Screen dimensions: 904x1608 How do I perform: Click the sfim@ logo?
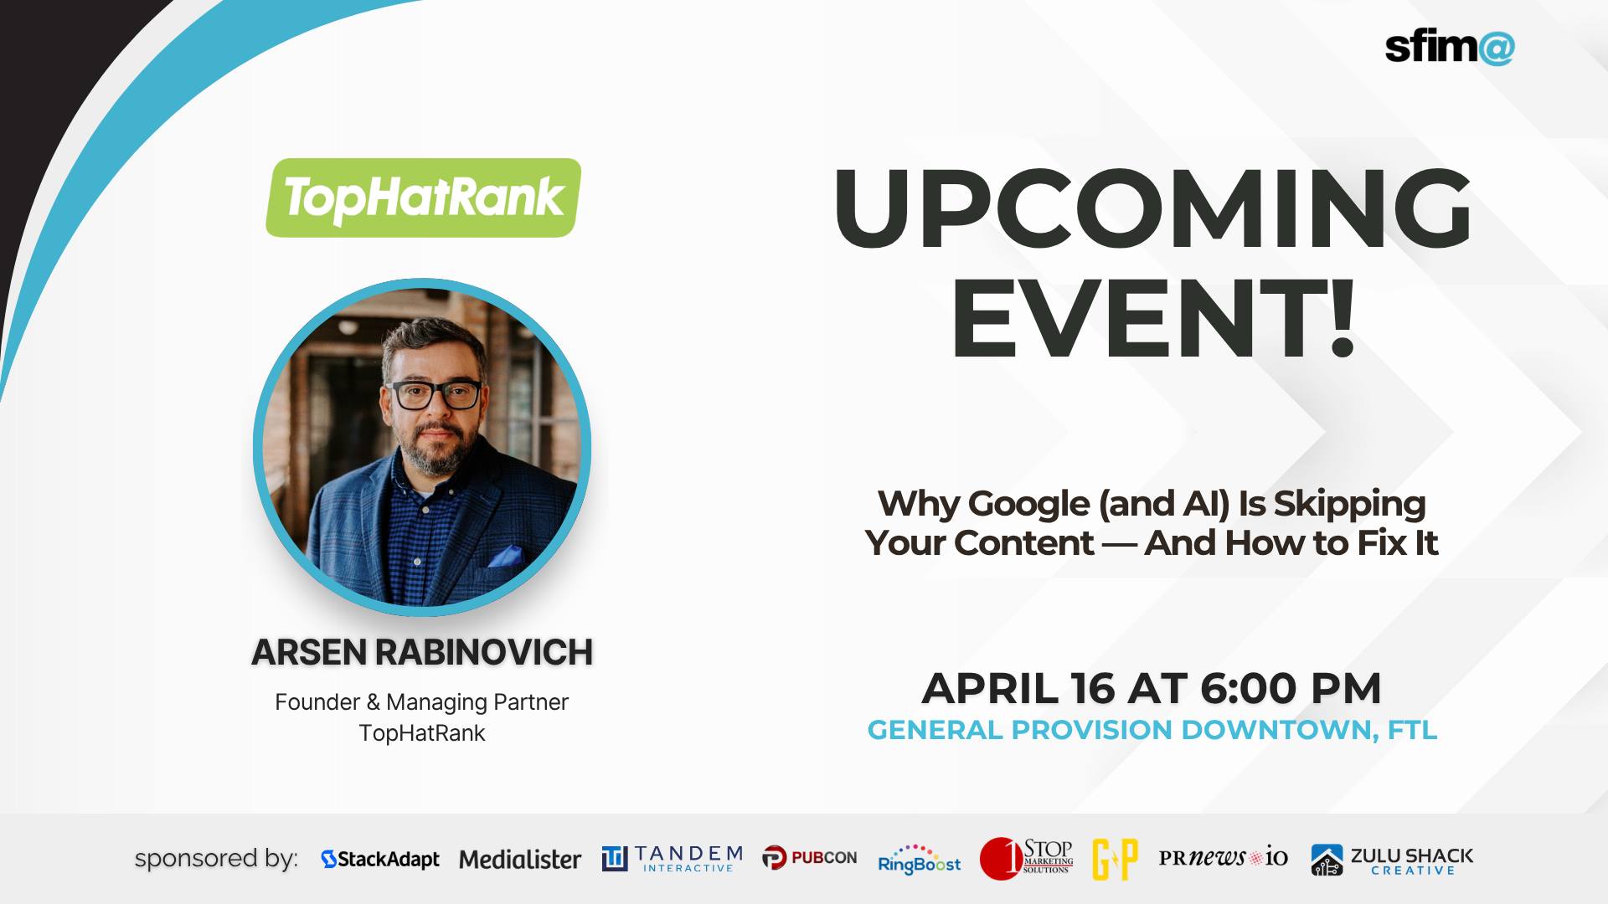(x=1449, y=48)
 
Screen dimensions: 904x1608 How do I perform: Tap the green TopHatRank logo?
(x=423, y=198)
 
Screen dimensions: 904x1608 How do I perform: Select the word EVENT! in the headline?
(x=1152, y=322)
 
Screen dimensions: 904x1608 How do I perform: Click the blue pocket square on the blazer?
(x=504, y=556)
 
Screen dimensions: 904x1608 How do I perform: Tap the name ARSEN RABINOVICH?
(x=422, y=653)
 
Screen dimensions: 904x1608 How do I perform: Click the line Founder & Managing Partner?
(x=422, y=701)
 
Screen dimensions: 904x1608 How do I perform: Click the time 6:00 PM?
(x=1290, y=688)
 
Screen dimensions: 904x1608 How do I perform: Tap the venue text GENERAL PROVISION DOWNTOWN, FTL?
(x=1152, y=730)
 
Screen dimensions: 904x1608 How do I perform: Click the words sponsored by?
(x=216, y=859)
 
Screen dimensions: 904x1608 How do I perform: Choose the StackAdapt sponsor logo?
(x=380, y=859)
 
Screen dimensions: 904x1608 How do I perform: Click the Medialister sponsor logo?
(x=519, y=859)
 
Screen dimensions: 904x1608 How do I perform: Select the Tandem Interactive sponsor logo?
(x=672, y=859)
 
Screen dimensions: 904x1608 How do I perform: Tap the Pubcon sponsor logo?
(x=809, y=858)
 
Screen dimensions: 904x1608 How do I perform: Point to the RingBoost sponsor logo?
(x=919, y=860)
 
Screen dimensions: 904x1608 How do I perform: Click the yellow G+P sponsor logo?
(x=1115, y=859)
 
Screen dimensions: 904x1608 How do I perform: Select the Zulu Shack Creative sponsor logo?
(x=1391, y=860)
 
